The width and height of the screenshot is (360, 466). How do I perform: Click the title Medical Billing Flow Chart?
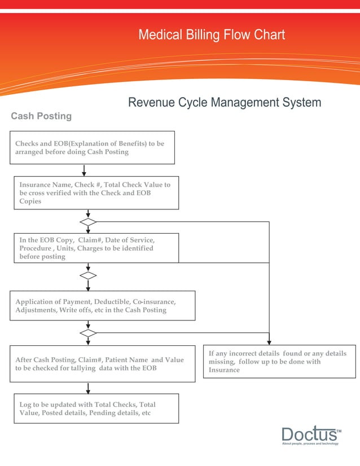coord(212,35)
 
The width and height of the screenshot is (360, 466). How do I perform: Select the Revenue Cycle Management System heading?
coord(225,103)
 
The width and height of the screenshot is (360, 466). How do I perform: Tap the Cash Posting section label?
coord(41,116)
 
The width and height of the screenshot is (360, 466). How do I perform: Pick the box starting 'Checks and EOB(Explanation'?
coord(92,148)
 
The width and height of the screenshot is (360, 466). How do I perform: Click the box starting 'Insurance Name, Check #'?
coord(96,193)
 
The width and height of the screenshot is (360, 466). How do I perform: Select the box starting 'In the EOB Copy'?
coord(96,248)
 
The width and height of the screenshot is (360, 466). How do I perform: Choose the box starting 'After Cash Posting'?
coord(102,364)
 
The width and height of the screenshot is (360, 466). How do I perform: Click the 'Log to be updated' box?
coord(96,408)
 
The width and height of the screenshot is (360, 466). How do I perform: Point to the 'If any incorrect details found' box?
coord(279,362)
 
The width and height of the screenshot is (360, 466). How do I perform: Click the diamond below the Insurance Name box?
coord(88,222)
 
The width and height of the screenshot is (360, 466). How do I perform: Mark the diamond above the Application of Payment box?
coord(88,275)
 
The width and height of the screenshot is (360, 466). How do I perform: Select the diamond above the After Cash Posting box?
coord(88,333)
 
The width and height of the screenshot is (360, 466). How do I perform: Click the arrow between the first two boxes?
coord(84,170)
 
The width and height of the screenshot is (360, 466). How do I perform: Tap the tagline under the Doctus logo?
coord(310,444)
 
